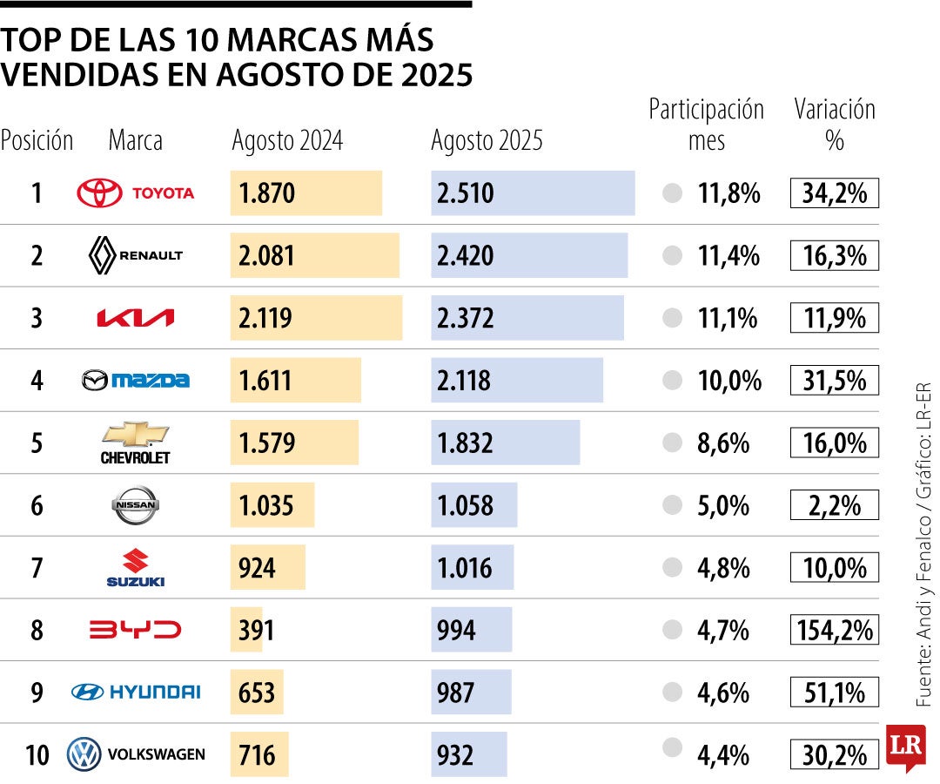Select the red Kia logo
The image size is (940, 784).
135,318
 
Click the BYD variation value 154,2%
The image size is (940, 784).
834,630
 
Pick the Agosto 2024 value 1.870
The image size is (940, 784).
267,193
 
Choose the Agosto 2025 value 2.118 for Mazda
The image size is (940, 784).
464,381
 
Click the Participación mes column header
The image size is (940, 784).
706,125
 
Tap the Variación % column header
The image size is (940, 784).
834,125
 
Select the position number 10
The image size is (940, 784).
37,754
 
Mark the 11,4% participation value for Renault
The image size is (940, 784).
728,256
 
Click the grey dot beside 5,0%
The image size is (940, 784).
672,505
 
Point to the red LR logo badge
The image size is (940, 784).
903,747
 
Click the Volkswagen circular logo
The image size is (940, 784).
84,754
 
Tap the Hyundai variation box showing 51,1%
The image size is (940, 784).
834,693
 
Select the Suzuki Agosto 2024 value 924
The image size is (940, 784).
257,568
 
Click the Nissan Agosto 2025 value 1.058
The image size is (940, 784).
465,505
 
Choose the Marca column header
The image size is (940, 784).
135,140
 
